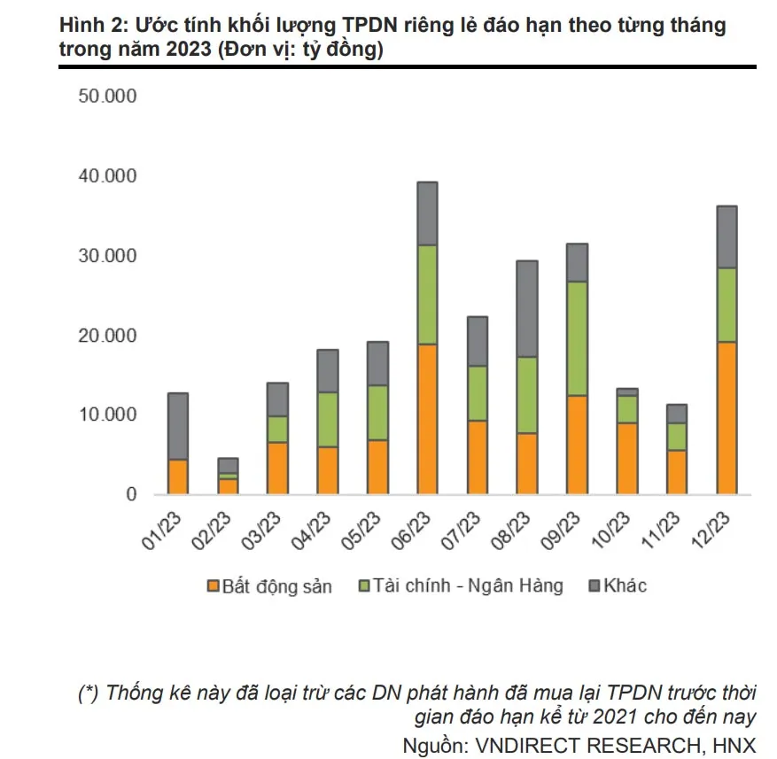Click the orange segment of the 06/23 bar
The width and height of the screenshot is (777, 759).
click(x=427, y=418)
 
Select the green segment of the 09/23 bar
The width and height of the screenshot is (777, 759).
click(x=577, y=338)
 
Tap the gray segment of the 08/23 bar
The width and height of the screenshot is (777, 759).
click(x=527, y=308)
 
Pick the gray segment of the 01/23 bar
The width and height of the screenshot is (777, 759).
click(x=177, y=426)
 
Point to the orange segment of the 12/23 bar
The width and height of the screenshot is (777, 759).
click(x=726, y=417)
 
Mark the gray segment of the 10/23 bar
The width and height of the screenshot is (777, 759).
click(x=627, y=391)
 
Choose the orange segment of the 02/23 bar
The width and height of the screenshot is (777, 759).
click(x=228, y=485)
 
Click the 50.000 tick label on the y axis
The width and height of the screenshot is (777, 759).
click(x=107, y=97)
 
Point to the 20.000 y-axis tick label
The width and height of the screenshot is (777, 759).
click(x=107, y=335)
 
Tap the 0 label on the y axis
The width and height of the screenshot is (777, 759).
click(x=131, y=494)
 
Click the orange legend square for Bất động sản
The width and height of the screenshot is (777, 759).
click(x=212, y=586)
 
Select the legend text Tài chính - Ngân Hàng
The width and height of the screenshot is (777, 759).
click(x=468, y=586)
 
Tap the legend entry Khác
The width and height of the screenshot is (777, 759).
click(x=625, y=586)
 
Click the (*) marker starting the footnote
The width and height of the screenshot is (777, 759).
click(x=89, y=693)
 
